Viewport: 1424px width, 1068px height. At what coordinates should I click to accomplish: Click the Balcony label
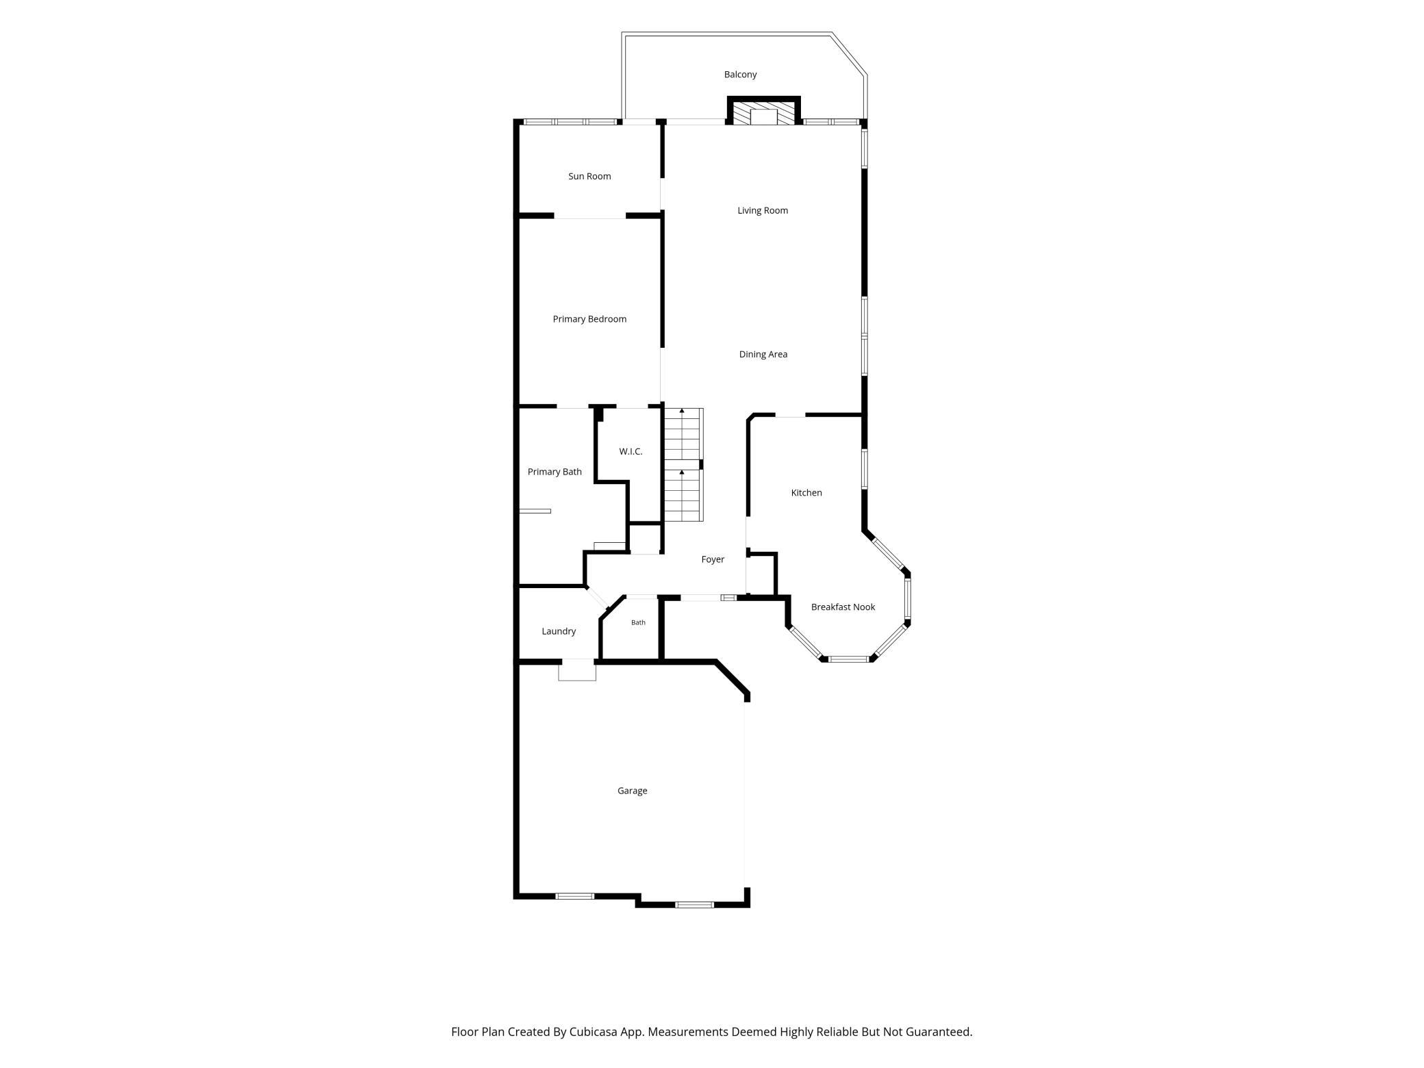tap(740, 75)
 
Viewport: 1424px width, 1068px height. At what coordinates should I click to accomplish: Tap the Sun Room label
tap(589, 177)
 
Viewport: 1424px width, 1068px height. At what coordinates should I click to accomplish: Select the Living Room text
tap(763, 211)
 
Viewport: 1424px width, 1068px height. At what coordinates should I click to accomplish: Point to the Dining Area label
tap(763, 355)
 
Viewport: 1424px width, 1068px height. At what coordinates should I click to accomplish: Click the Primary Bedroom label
tap(589, 319)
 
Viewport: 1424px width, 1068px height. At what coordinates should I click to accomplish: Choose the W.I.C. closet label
tap(631, 452)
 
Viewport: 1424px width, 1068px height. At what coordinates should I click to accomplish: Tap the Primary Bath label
tap(555, 472)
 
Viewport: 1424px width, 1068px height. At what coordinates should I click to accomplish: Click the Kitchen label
tap(806, 493)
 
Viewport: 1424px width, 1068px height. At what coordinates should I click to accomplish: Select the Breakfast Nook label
tap(843, 607)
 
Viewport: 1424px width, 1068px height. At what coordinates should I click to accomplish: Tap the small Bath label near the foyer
tap(638, 623)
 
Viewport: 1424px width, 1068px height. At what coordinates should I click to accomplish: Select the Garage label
tap(632, 791)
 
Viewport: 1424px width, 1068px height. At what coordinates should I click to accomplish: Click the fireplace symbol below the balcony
tap(764, 112)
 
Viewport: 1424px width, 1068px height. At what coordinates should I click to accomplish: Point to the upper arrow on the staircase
tap(682, 411)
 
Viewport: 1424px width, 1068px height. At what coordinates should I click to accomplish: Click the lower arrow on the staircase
tap(682, 472)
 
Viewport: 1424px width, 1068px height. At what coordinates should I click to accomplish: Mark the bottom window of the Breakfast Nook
tap(849, 659)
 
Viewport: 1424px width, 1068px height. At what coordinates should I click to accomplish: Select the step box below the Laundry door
tap(577, 671)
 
